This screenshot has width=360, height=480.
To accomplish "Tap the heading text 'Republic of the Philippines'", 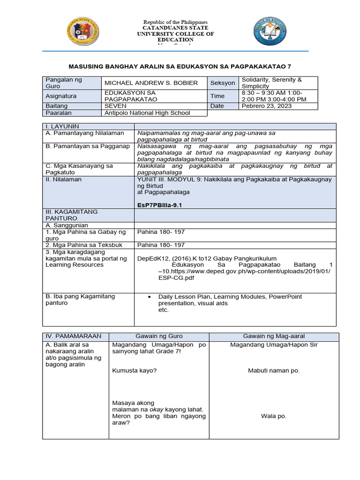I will point(175,22).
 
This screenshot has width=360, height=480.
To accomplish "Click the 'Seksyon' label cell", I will point(223,83).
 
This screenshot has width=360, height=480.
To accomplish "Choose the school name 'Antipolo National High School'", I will point(147,113).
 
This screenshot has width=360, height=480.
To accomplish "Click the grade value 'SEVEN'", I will point(115,106).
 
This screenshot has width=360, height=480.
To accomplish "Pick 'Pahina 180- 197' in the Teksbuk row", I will point(161,245).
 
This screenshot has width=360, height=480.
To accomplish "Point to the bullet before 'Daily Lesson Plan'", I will point(149,297).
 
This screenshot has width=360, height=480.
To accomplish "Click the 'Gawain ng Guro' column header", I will point(159,337).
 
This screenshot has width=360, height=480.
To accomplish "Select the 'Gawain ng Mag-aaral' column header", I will point(274,337).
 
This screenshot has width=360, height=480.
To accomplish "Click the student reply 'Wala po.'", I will point(274,416).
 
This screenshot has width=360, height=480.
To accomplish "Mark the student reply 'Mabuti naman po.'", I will point(274,371).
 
